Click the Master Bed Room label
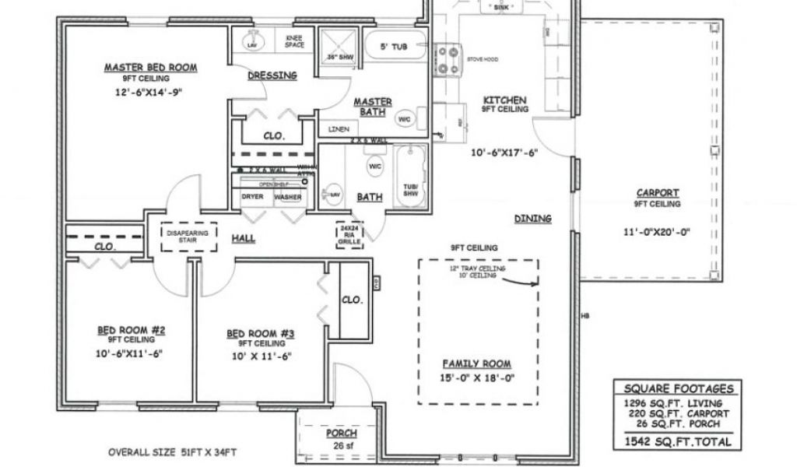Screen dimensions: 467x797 (150, 68)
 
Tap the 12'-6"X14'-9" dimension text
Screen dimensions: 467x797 (150, 92)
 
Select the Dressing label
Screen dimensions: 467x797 (272, 75)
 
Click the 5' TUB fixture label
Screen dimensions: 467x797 (394, 47)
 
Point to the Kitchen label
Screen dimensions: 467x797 (505, 100)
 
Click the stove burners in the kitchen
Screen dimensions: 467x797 (448, 59)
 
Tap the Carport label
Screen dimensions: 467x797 (658, 193)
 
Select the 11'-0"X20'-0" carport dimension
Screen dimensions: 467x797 (658, 231)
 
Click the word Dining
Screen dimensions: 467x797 (532, 219)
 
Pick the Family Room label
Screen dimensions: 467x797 (476, 363)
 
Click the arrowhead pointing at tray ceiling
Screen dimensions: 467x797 (535, 283)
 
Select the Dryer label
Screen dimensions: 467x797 (252, 197)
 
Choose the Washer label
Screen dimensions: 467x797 (287, 197)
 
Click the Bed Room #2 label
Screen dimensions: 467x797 (131, 330)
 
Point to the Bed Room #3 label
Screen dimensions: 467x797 (260, 334)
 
